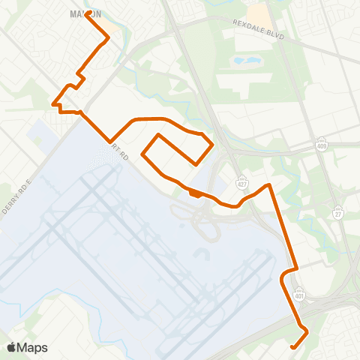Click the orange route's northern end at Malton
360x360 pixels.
pos(89,13)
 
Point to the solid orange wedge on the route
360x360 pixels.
pos(195,193)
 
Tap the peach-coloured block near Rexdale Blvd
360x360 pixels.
pos(259,13)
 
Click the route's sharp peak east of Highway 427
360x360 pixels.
pos(268,184)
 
